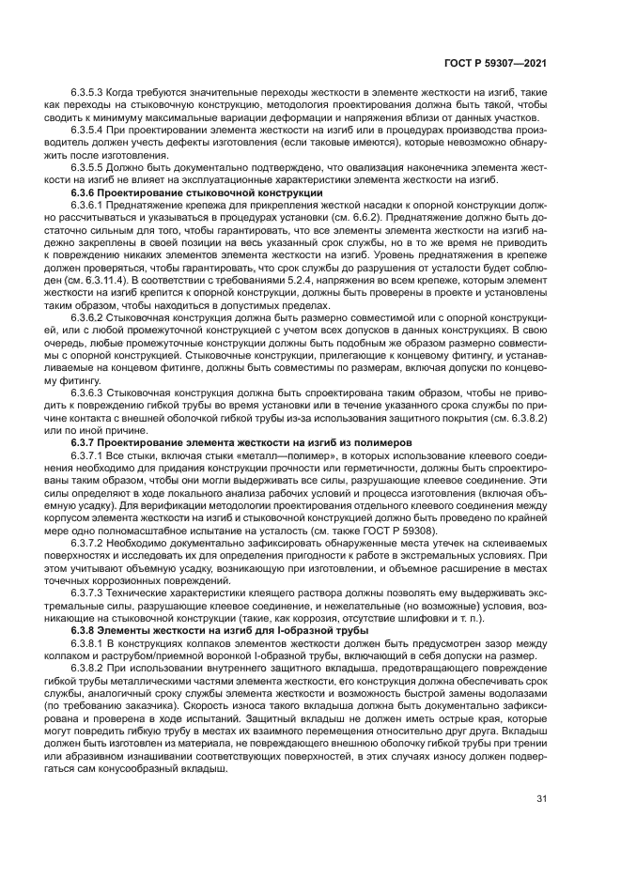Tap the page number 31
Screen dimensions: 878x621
pos(541,799)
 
